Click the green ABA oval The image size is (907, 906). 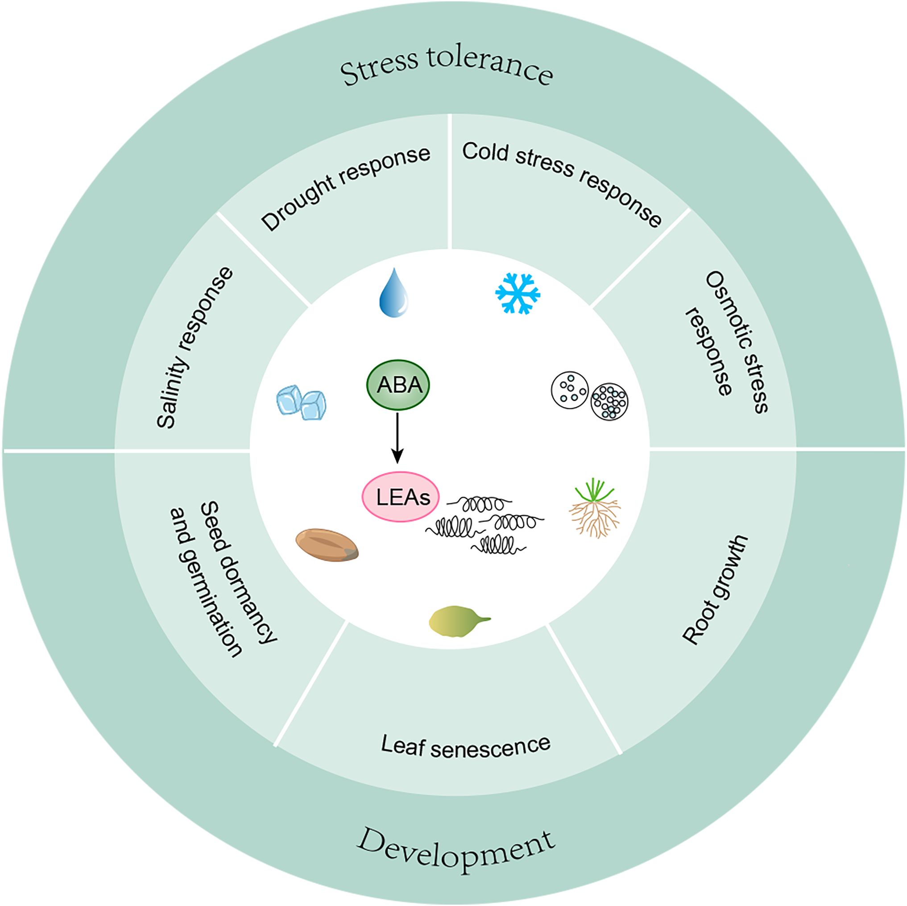(x=398, y=385)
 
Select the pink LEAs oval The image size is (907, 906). (x=400, y=497)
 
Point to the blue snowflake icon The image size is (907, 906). (x=518, y=293)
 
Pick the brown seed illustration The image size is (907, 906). (x=327, y=545)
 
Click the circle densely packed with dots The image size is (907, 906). (x=610, y=401)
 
